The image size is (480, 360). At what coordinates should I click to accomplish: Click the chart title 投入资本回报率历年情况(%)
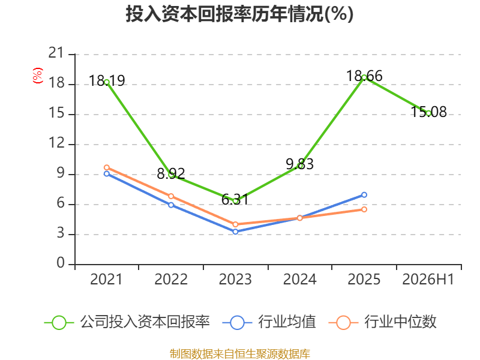pos(239,14)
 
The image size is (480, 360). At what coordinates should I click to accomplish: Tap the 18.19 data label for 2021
pos(107,81)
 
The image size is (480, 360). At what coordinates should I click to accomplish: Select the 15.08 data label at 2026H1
pos(428,112)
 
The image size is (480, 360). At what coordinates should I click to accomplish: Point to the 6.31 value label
pos(235,200)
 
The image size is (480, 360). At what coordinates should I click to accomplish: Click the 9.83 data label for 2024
pos(299,164)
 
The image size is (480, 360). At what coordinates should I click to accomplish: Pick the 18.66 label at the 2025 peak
pos(364,76)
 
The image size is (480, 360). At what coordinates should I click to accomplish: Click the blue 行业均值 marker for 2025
pos(364,194)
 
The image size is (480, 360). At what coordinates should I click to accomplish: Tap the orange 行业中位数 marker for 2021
pos(107,167)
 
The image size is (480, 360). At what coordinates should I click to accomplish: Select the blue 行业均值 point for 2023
pos(235,232)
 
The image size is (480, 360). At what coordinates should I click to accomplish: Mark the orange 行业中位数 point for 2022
pos(171,196)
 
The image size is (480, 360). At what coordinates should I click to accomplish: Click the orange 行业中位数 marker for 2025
pos(364,209)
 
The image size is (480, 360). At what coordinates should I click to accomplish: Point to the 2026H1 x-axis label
pos(428,279)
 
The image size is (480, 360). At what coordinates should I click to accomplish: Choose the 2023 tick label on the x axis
pos(235,279)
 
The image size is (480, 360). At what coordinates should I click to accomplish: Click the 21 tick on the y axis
pos(56,53)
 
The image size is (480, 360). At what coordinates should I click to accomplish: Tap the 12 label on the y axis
pos(57,143)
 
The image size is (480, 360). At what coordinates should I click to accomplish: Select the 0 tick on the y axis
pos(61,263)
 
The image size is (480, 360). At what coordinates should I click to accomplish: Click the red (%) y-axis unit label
pos(38,76)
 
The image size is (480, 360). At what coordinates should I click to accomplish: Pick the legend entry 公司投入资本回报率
pos(127,322)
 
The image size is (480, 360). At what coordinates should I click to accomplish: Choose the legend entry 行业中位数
pos(383,322)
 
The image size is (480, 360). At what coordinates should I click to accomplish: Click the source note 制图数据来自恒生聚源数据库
pos(240,354)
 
